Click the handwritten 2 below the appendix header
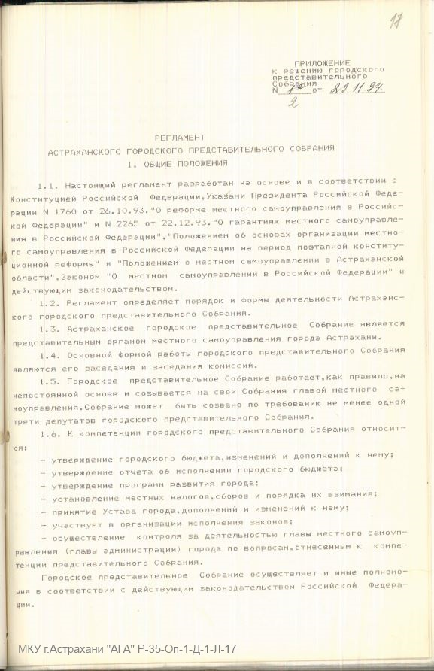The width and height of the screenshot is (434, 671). (x=293, y=103)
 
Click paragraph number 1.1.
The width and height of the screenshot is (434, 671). (x=47, y=184)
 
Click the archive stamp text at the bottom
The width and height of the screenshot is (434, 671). (x=129, y=648)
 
